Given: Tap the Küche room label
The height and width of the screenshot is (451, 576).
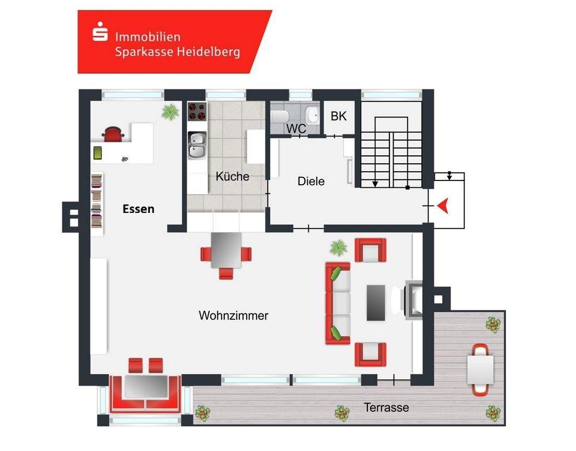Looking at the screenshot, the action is pyautogui.click(x=232, y=176).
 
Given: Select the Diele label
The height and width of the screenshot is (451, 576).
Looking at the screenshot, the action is pyautogui.click(x=311, y=182).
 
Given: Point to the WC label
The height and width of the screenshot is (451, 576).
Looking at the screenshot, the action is pyautogui.click(x=295, y=128).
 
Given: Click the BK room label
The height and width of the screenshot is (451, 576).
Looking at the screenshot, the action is pyautogui.click(x=339, y=116).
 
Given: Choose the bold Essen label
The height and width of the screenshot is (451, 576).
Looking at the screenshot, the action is pyautogui.click(x=139, y=209).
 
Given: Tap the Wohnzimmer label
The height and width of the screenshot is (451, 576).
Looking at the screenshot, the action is pyautogui.click(x=234, y=315).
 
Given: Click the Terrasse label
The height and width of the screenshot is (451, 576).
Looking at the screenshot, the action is pyautogui.click(x=386, y=407).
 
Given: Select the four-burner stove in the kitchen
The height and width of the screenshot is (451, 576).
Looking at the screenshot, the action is pyautogui.click(x=197, y=111).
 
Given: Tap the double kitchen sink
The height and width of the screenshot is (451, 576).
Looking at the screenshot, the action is pyautogui.click(x=197, y=145).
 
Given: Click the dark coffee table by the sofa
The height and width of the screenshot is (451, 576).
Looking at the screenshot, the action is pyautogui.click(x=376, y=302).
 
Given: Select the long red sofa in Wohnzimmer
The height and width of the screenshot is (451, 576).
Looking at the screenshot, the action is pyautogui.click(x=338, y=303).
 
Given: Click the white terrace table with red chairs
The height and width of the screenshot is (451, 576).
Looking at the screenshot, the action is pyautogui.click(x=480, y=369).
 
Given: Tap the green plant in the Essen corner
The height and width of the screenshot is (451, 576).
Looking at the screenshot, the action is pyautogui.click(x=170, y=112).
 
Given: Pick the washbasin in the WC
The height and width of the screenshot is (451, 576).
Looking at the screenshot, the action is pyautogui.click(x=313, y=114).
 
